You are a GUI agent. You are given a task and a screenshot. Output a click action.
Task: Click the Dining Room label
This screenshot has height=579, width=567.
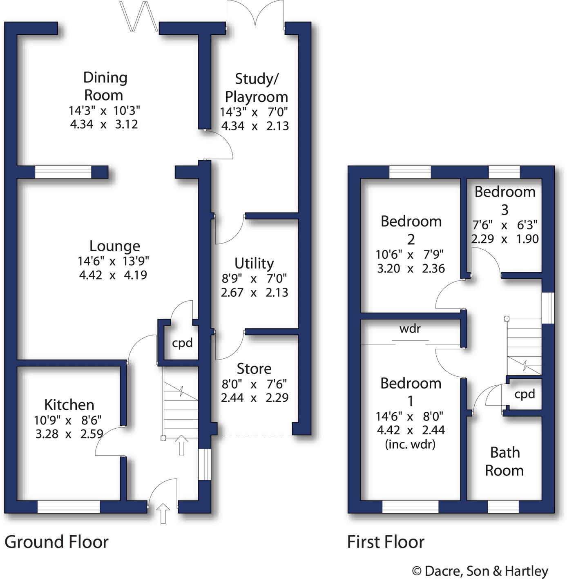click(x=105, y=86)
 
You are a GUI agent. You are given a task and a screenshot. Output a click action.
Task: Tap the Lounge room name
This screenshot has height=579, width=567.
click(x=115, y=246)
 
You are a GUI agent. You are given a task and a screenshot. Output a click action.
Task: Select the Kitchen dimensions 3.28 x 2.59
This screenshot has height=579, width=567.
click(x=69, y=434)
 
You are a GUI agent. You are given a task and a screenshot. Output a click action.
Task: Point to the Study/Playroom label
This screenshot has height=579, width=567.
click(x=257, y=88)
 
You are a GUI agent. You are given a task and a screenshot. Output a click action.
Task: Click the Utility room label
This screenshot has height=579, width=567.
click(x=254, y=264)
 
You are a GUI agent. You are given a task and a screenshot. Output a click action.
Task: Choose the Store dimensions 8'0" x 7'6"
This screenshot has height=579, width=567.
click(x=254, y=384)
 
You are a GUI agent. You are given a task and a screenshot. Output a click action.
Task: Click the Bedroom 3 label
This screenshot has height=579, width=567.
click(x=505, y=200)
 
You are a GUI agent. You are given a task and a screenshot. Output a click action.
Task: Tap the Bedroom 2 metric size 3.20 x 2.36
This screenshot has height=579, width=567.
click(x=411, y=268)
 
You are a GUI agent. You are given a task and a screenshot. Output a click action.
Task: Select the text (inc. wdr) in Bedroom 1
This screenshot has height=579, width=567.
click(x=410, y=444)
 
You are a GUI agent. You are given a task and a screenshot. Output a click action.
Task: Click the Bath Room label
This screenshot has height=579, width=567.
click(x=504, y=461)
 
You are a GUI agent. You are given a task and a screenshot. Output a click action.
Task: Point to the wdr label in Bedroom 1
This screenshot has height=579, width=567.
click(x=410, y=329)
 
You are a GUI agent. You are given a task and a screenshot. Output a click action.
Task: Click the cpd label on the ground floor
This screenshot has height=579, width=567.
click(x=182, y=343)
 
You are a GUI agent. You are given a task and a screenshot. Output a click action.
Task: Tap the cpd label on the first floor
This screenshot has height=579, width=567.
click(x=525, y=394)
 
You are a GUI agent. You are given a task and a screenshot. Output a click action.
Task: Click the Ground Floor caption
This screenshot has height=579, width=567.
click(x=56, y=542)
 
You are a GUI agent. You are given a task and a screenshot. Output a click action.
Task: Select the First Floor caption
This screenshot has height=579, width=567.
click(x=386, y=542)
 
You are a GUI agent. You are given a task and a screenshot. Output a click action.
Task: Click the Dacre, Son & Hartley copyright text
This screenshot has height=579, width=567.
click(x=480, y=571)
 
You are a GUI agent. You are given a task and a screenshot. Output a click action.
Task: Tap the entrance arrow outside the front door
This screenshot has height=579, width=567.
click(x=163, y=513)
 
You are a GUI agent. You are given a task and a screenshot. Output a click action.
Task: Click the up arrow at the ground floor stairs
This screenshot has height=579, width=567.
click(x=181, y=445)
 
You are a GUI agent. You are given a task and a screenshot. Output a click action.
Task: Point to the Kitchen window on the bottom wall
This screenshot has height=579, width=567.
click(x=69, y=507)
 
